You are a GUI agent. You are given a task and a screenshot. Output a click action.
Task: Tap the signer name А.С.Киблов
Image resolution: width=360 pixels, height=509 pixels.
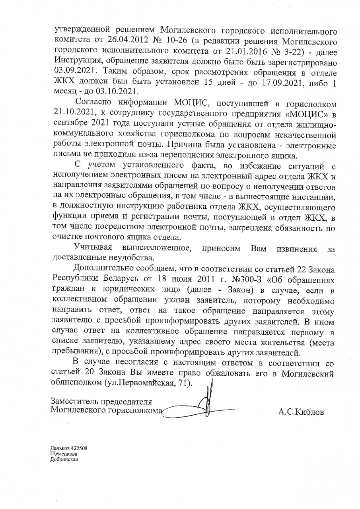[301, 412]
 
